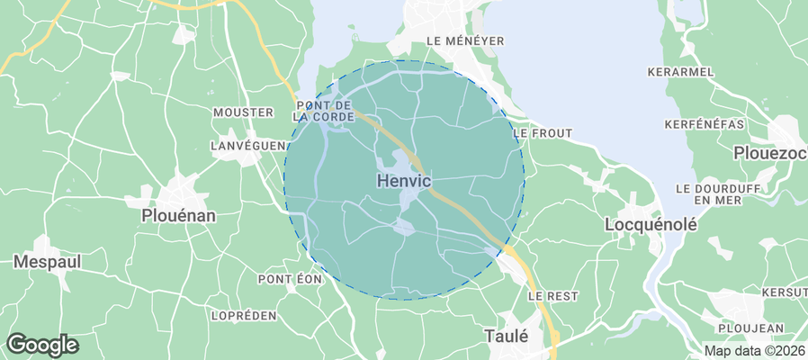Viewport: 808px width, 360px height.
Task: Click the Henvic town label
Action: pyautogui.click(x=401, y=180)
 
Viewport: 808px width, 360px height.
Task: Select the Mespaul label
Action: pyautogui.click(x=47, y=262)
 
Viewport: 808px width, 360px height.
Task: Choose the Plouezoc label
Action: pyautogui.click(x=770, y=153)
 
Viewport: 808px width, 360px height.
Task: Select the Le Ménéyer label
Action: pyautogui.click(x=464, y=40)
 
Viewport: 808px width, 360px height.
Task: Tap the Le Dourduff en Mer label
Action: pyautogui.click(x=717, y=193)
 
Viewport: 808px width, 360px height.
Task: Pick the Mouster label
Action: pyautogui.click(x=243, y=112)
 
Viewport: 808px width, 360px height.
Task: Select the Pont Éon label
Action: pyautogui.click(x=291, y=279)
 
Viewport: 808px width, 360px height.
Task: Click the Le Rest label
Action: pyautogui.click(x=552, y=295)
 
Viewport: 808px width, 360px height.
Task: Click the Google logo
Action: pyautogui.click(x=42, y=344)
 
